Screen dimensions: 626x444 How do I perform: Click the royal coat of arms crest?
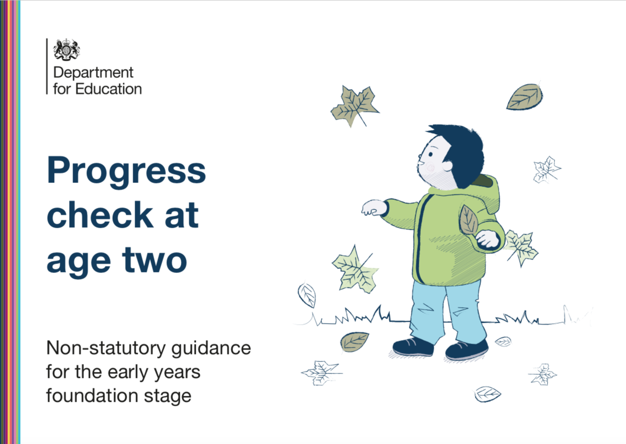pos(67,50)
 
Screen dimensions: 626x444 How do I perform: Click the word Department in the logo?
pos(93,73)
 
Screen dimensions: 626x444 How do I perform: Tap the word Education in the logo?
pos(108,89)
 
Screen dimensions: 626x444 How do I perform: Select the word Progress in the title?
pos(126,171)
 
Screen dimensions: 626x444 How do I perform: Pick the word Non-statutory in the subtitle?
pos(106,349)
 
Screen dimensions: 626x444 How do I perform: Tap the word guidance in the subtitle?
pos(211,349)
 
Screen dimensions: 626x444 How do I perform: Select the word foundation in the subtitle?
pos(92,396)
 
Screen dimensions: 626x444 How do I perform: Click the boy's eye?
pos(430,154)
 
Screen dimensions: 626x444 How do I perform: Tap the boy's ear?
pos(447,166)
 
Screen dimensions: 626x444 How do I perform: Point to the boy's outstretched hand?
pos(374,207)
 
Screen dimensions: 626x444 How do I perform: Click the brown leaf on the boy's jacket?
pos(469,220)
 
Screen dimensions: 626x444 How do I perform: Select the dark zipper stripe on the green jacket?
pos(421,238)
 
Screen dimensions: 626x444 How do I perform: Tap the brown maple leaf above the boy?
pos(355,106)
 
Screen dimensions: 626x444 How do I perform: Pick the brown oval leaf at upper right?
pos(525,97)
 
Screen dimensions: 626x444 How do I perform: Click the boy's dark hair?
pos(463,152)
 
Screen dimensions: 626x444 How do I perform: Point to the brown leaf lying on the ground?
pos(354,342)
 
